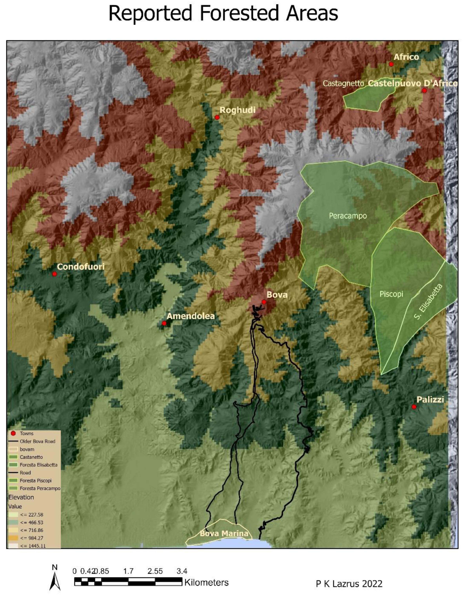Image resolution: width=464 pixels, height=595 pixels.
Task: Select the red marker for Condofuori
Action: (x=55, y=274)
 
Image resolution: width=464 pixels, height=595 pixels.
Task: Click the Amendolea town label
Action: (x=191, y=316)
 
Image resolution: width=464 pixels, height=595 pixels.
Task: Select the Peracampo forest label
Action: (x=348, y=216)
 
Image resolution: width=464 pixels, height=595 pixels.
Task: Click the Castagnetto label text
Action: (x=343, y=83)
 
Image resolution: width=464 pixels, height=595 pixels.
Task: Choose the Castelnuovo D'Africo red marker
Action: (x=424, y=90)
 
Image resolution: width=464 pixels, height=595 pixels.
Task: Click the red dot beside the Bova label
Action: (x=264, y=302)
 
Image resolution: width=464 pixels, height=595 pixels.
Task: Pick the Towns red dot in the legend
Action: (x=13, y=433)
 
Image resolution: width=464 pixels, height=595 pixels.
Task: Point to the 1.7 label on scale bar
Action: (x=128, y=571)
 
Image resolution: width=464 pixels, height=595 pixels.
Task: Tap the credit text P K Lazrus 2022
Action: (x=349, y=584)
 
